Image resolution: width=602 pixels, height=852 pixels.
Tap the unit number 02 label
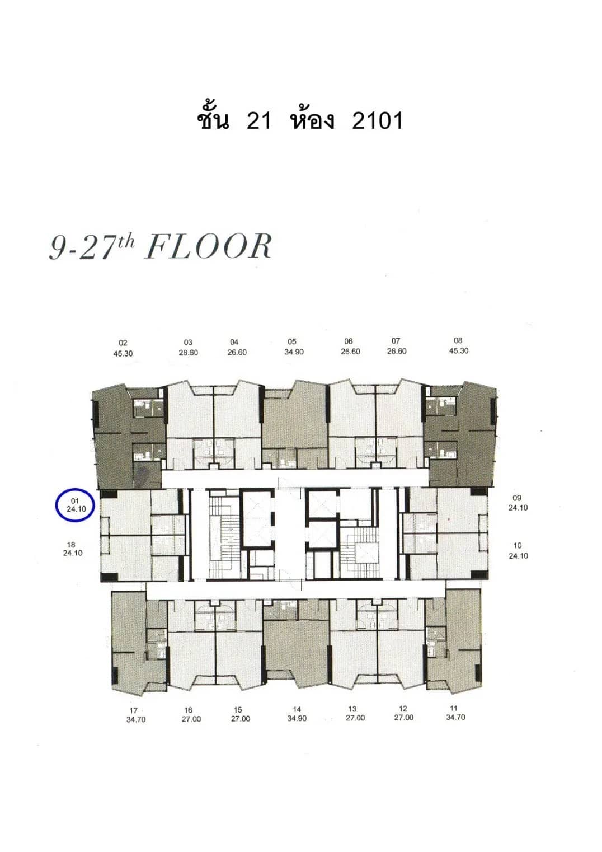[x=123, y=343]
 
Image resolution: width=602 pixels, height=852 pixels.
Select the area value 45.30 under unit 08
[x=458, y=351]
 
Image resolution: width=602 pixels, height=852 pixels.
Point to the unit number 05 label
[x=292, y=341]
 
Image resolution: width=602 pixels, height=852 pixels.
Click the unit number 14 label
[x=297, y=709]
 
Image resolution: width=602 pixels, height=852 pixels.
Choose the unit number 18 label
[x=71, y=545]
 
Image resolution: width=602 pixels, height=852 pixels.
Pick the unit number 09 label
[x=517, y=498]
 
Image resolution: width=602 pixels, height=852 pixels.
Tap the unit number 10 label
[x=518, y=545]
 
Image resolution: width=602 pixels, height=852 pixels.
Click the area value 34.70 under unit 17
[x=136, y=719]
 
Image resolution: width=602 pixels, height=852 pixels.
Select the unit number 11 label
[x=454, y=708]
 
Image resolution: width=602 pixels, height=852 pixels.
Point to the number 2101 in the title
[x=377, y=120]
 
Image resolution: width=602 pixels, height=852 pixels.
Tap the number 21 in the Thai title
[x=259, y=120]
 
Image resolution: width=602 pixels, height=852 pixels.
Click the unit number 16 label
[x=189, y=710]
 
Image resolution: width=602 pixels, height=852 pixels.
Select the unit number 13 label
[x=352, y=709]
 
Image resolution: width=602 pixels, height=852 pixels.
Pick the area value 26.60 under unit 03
[x=188, y=353]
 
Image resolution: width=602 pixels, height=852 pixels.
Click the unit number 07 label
[x=396, y=341]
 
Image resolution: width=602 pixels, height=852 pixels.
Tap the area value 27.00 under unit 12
[x=403, y=718]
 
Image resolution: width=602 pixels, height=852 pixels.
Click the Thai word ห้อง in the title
[x=312, y=119]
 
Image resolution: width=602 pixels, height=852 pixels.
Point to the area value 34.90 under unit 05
[x=294, y=352]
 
